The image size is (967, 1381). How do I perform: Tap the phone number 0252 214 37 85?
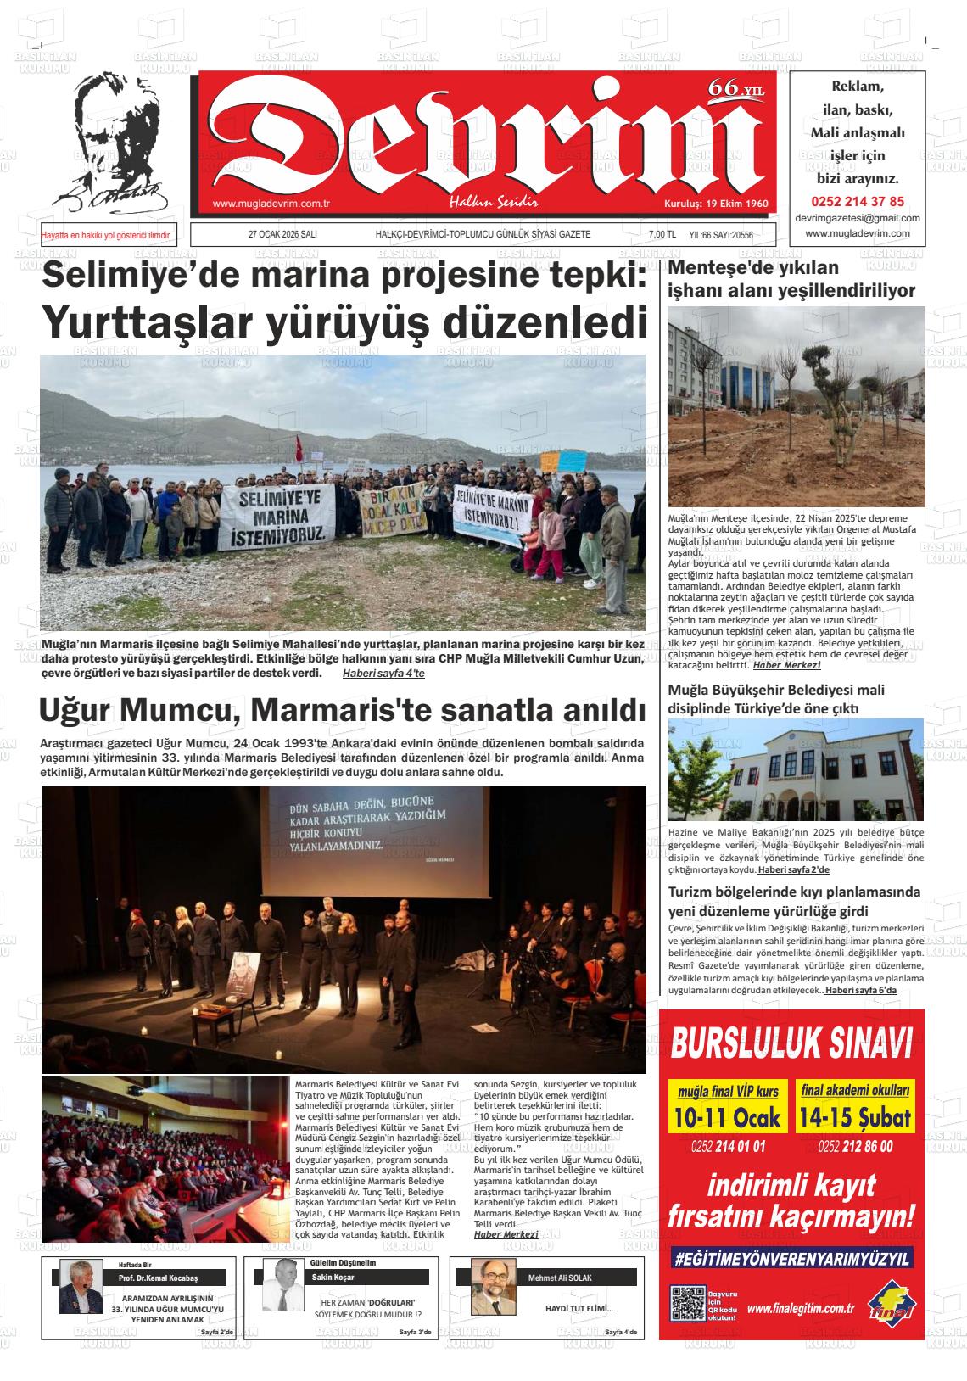click(x=858, y=202)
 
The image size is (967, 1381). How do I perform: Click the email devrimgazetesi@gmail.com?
click(x=858, y=218)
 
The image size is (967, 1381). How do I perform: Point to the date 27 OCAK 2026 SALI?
click(x=282, y=235)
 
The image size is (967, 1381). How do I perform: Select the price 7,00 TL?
click(x=662, y=235)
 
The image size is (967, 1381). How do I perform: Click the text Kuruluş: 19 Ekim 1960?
click(x=716, y=204)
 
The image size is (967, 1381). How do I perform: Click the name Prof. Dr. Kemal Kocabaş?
click(x=159, y=1278)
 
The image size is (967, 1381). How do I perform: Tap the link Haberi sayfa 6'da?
click(x=861, y=990)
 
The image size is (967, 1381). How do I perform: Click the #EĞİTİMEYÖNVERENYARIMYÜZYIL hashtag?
click(x=791, y=1259)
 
